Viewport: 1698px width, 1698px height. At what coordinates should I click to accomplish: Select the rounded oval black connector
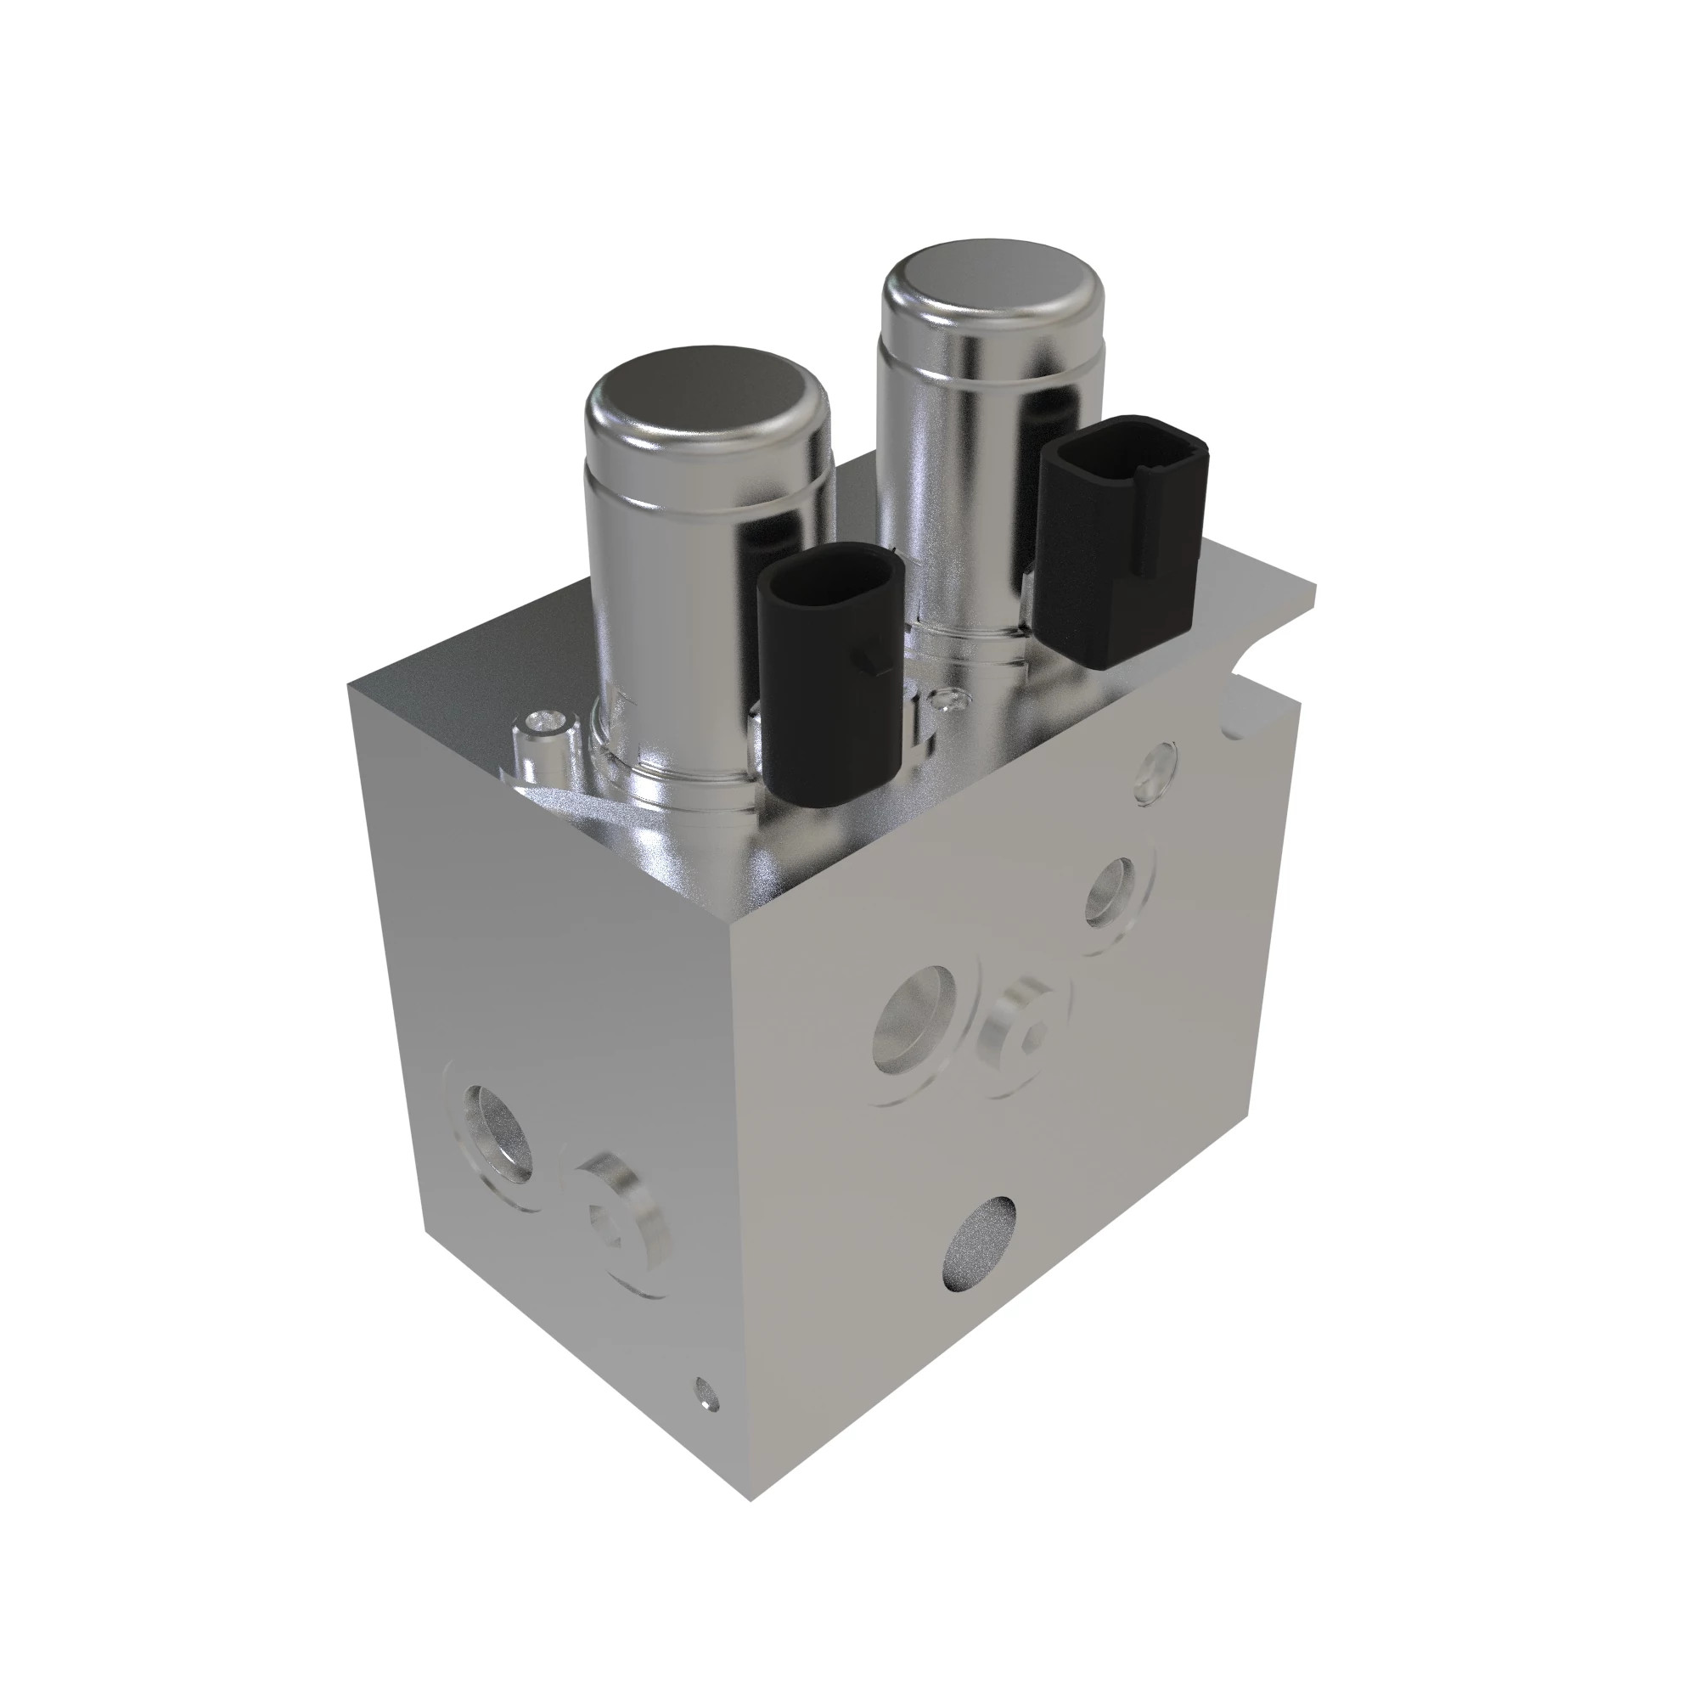point(830,672)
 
